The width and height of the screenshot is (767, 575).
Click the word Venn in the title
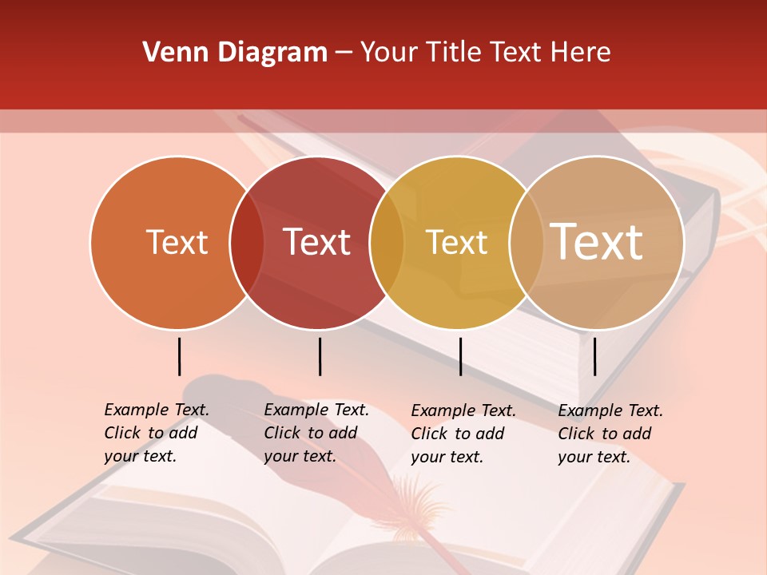(x=169, y=53)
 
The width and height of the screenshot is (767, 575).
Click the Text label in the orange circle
(x=177, y=242)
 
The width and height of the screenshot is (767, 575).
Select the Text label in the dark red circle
(x=317, y=242)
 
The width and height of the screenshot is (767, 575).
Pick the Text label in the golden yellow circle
(x=456, y=242)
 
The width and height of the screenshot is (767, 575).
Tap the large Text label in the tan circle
(x=597, y=242)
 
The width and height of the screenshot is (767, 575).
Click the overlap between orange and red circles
(x=247, y=243)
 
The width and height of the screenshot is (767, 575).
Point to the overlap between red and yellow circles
(x=387, y=243)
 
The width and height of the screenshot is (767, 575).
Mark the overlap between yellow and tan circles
(x=526, y=243)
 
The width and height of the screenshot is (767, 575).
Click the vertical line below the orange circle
(x=179, y=356)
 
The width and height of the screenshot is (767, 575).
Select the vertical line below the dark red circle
(x=320, y=356)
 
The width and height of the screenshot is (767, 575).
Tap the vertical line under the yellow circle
(x=460, y=356)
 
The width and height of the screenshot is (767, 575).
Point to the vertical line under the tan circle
(x=594, y=356)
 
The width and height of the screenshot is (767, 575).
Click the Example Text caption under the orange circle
(x=157, y=433)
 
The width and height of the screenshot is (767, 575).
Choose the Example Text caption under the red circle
(x=316, y=433)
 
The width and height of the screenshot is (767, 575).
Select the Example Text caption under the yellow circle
(x=463, y=434)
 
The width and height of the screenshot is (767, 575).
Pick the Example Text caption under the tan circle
(x=610, y=434)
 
